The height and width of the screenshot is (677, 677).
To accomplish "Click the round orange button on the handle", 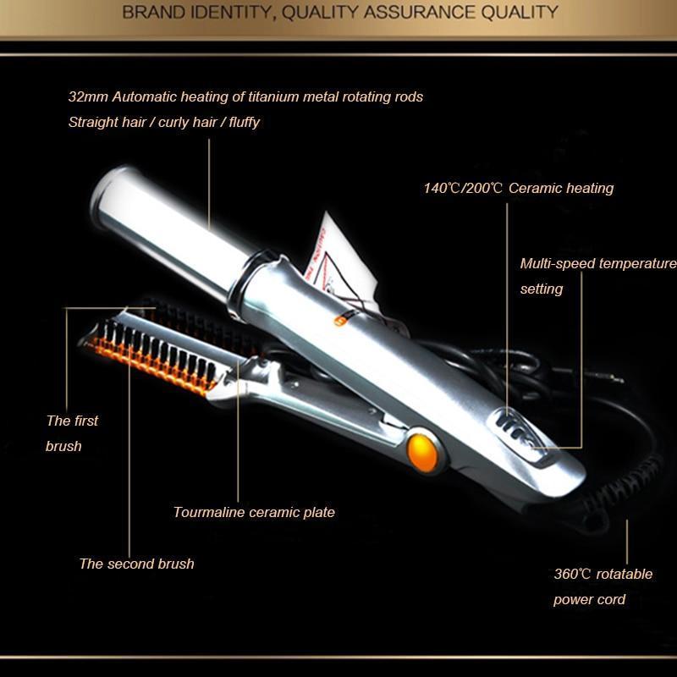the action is click(x=422, y=453).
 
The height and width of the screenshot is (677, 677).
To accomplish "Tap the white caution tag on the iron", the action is click(x=341, y=263).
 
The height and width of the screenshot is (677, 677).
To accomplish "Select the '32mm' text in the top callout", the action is click(x=88, y=97).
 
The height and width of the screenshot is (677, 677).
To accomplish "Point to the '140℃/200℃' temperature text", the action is click(x=463, y=188).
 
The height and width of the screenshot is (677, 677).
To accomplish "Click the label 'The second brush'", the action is click(x=137, y=564).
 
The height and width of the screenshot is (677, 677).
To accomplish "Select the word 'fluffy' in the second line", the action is click(x=244, y=123).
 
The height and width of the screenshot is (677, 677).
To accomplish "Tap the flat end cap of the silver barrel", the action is click(x=108, y=195).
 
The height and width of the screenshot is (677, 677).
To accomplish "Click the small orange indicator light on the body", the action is click(x=340, y=321).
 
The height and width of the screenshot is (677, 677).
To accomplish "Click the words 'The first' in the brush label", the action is click(x=72, y=421).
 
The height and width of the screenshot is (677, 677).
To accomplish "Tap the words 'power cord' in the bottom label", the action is click(x=589, y=600).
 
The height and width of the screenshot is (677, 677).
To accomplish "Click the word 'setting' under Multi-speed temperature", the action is click(x=542, y=289).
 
